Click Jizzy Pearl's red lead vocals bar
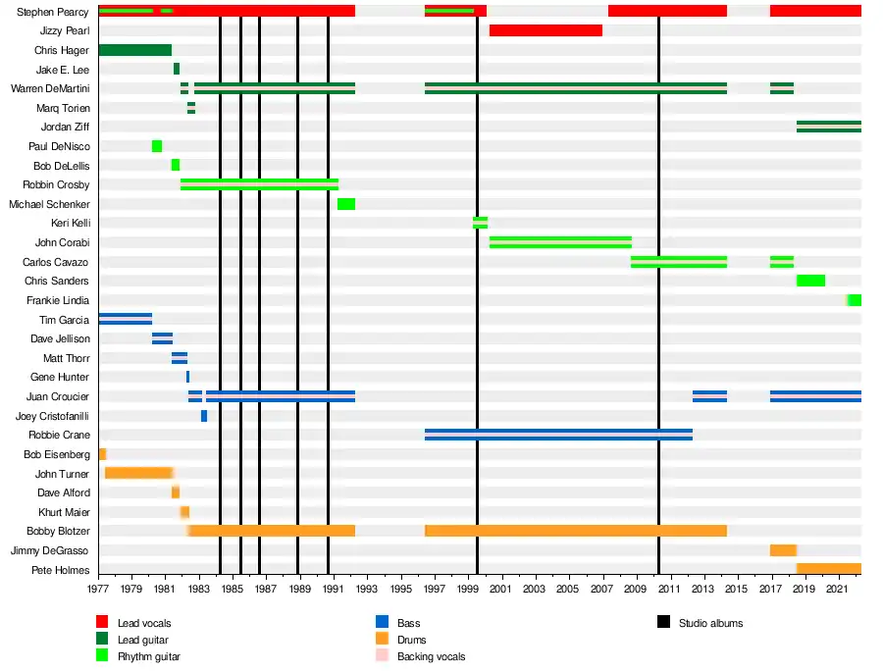(545, 30)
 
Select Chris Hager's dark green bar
(135, 50)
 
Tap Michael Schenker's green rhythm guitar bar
(346, 204)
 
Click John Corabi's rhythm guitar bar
(560, 242)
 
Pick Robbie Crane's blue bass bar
(558, 435)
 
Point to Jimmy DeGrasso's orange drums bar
(783, 550)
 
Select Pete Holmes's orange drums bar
(829, 569)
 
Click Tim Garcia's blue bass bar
(126, 319)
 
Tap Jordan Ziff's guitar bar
(829, 127)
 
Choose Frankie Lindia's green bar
(855, 300)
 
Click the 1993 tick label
(366, 589)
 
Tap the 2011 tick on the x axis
(669, 589)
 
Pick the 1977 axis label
(98, 589)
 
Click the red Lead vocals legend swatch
(102, 623)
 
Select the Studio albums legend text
(710, 623)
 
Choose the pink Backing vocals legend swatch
(383, 656)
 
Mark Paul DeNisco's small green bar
(157, 146)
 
